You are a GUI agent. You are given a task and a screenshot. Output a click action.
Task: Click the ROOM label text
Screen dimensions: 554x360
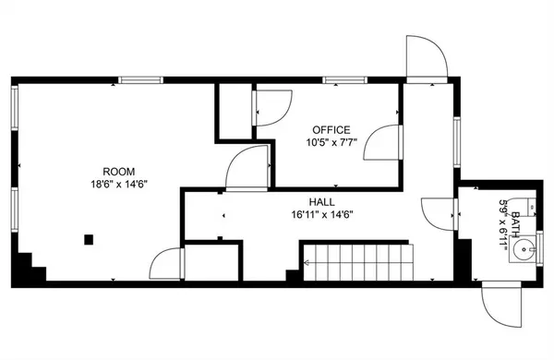119,172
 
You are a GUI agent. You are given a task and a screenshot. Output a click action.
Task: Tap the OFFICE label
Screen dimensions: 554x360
331,130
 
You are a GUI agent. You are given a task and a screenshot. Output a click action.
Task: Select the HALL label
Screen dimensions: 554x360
322,202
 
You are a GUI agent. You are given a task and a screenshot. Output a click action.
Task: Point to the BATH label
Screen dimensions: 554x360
515,224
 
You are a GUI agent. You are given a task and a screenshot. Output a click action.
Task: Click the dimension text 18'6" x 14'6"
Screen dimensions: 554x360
119,184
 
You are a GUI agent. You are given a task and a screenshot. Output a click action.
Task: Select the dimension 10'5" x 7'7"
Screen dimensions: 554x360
331,142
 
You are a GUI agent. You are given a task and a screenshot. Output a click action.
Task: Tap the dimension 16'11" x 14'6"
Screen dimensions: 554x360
322,214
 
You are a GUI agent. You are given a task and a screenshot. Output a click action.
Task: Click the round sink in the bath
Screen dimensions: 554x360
524,249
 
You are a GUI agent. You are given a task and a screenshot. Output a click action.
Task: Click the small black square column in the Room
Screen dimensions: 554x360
89,239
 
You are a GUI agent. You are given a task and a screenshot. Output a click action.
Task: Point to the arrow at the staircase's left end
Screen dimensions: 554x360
307,262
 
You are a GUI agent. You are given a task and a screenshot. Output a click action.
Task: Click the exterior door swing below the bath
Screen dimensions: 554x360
502,305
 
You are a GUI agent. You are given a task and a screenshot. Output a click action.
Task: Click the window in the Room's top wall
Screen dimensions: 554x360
140,80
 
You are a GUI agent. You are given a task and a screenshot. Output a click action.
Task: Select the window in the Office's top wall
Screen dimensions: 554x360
344,80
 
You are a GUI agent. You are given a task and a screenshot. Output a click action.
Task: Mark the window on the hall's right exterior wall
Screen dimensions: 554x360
457,142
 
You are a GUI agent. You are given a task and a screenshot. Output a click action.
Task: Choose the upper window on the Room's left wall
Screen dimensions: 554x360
15,108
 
